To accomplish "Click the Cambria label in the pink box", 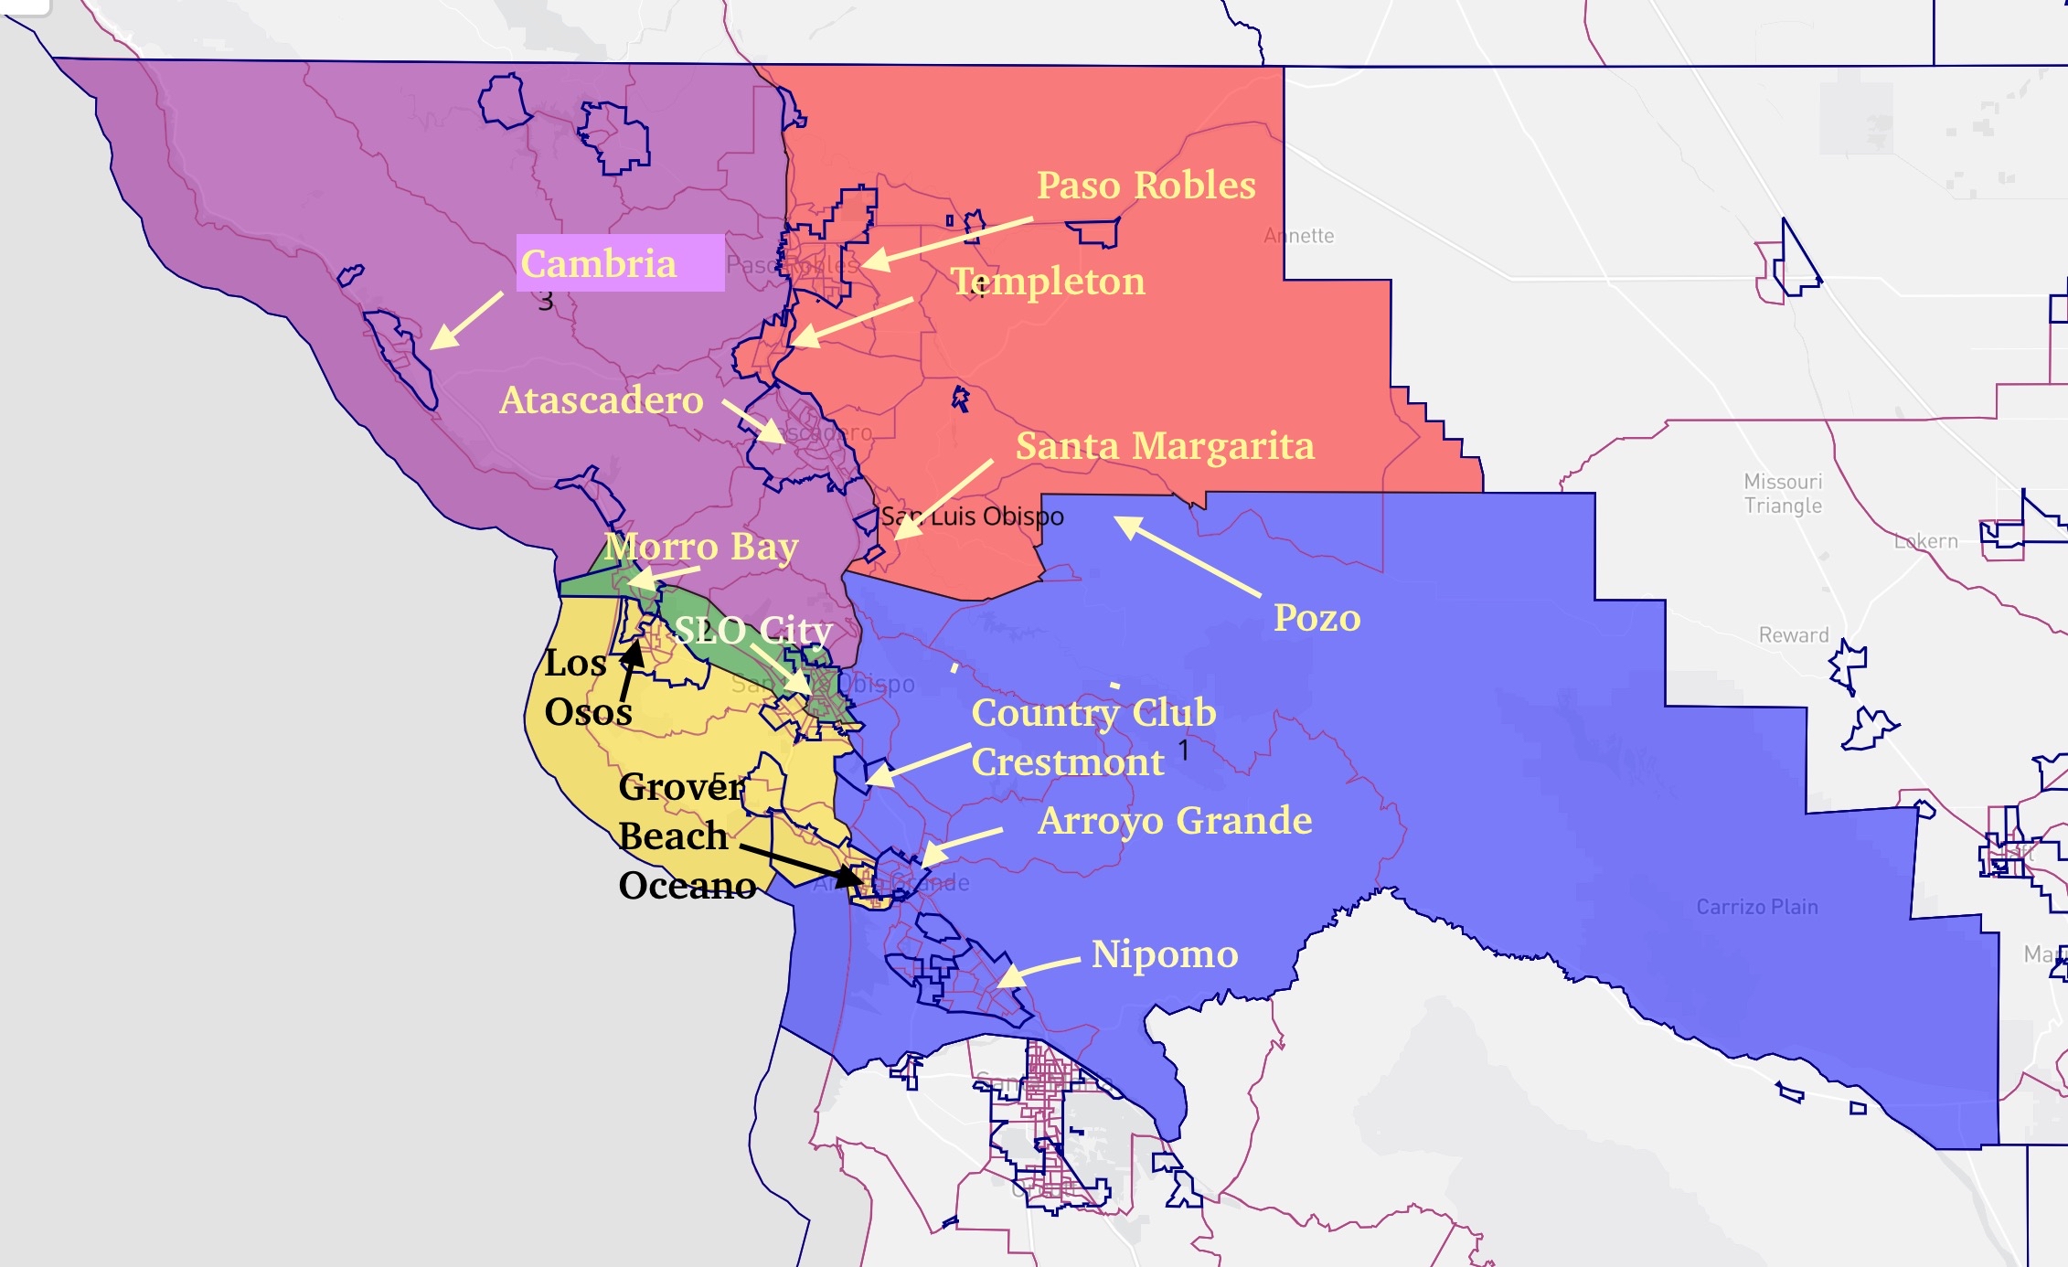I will click(x=600, y=263).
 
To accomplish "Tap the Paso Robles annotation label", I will click(x=1146, y=185).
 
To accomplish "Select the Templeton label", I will click(x=1048, y=281).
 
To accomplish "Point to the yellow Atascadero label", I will click(x=602, y=399).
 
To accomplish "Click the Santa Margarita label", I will click(x=1165, y=445).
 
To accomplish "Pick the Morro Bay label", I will click(x=701, y=546).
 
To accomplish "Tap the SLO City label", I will click(x=752, y=630).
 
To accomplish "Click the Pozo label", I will click(x=1316, y=618).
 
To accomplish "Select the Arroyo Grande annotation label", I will click(x=1175, y=820).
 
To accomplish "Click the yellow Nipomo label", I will click(x=1165, y=953).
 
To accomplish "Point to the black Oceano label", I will click(x=687, y=885).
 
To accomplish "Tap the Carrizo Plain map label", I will click(x=1756, y=907).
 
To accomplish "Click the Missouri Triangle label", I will click(x=1782, y=494).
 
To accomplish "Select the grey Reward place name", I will click(x=1793, y=635).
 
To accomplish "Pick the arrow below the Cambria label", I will click(x=465, y=321).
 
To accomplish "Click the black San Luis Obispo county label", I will click(x=972, y=516).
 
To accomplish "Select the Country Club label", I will click(x=1093, y=712).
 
